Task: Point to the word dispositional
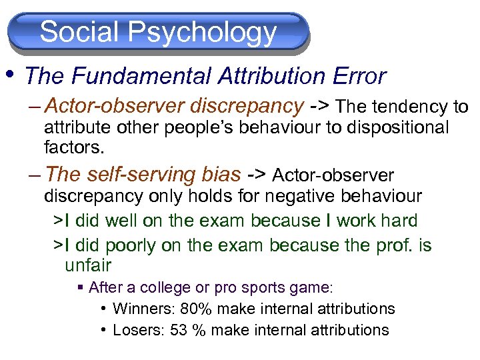[398, 127]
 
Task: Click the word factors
[73, 145]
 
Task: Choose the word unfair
[87, 265]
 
